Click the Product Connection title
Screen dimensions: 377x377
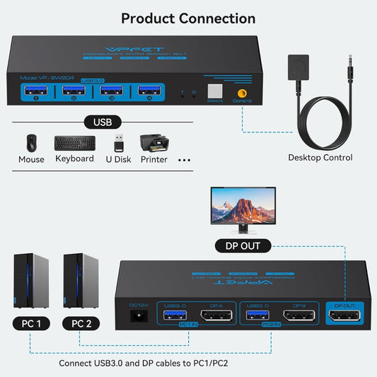coord(188,18)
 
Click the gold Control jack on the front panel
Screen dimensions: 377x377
coord(242,91)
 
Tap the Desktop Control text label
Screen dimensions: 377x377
coord(320,157)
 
